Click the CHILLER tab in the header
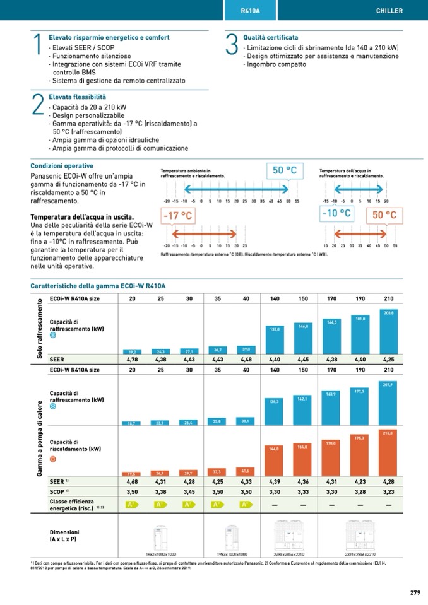(x=389, y=11)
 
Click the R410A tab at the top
(x=251, y=11)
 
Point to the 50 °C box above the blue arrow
(x=284, y=170)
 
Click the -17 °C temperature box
(x=177, y=215)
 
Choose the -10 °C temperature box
(x=336, y=214)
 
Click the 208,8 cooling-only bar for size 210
(x=389, y=331)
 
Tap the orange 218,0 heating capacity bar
(x=389, y=452)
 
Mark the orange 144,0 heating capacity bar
(x=275, y=461)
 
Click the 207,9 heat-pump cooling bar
(x=389, y=401)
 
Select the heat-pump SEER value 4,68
(x=133, y=481)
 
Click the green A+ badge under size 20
(x=133, y=505)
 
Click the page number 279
(x=414, y=592)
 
